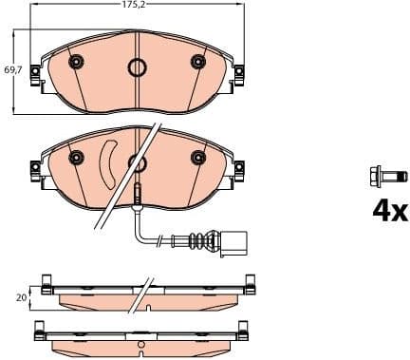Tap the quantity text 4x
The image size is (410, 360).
pos(388,210)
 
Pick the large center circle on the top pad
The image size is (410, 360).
pos(139,67)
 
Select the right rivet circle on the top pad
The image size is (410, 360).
pos(198,63)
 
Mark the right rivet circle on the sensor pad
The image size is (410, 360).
pos(198,157)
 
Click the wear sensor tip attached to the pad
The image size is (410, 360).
pos(139,194)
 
